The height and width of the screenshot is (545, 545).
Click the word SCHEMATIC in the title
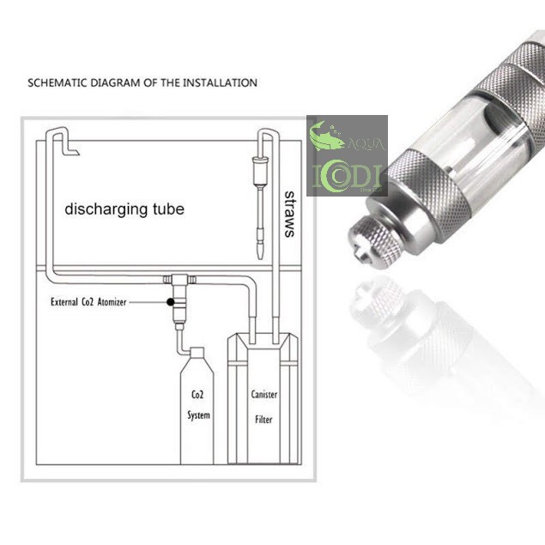pos(58,82)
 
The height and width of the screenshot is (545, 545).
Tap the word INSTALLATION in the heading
pos(220,82)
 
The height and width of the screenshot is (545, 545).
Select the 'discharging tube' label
pos(124,209)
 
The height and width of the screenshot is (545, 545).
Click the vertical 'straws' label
pos(289,214)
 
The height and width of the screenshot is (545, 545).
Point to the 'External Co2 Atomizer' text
pos(88,302)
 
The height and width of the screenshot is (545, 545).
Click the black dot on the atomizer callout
pos(170,302)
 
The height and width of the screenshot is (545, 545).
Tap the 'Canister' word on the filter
pos(264,395)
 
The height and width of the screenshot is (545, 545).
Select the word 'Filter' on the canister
pos(263,420)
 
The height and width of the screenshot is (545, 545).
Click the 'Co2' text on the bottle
pos(197,395)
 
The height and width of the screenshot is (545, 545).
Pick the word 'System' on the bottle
pos(198,415)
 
